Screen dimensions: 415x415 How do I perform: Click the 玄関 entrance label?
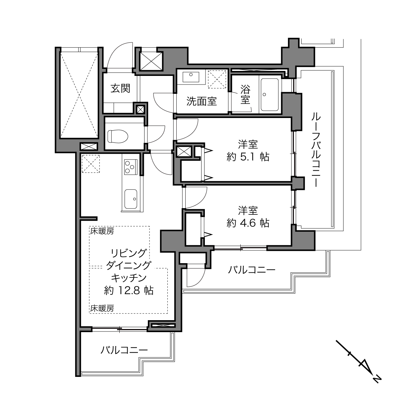tap(120, 88)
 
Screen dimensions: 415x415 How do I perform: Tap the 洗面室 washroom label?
tap(202, 101)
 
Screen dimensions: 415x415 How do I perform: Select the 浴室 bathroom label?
tap(245, 94)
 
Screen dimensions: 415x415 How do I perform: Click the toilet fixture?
tap(118, 136)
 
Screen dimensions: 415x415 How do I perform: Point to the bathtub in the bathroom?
tap(269, 95)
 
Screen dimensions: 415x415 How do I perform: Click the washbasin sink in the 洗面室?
tap(191, 77)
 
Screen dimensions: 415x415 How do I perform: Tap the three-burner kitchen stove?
tap(131, 167)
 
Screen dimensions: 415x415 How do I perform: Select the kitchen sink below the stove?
tap(131, 199)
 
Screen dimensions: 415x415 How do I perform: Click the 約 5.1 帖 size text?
tap(248, 157)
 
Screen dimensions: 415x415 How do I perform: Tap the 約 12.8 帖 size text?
tap(129, 290)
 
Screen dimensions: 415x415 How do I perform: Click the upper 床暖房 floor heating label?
tap(102, 231)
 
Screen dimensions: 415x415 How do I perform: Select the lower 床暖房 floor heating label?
tap(102, 309)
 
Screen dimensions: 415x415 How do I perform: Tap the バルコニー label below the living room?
tap(124, 350)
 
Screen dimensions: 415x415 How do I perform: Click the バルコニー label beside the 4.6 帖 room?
tap(252, 269)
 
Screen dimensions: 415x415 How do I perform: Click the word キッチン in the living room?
tap(129, 278)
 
